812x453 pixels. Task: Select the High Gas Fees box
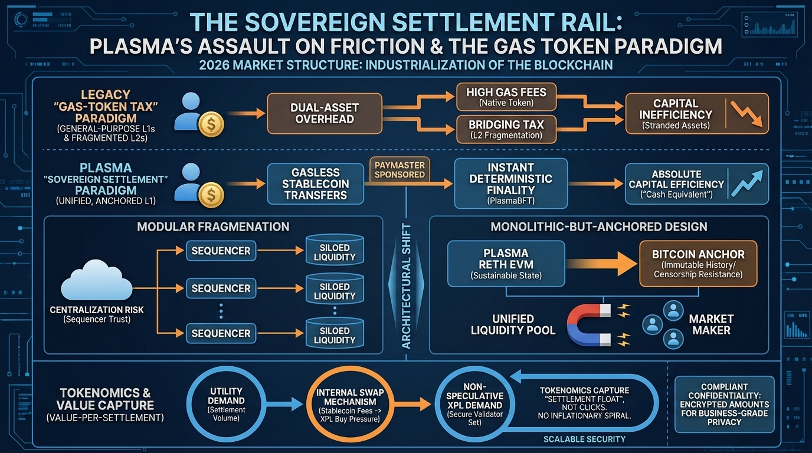tap(506, 97)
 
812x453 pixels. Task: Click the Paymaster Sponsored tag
tap(400, 169)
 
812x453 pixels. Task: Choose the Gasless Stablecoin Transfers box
tap(316, 183)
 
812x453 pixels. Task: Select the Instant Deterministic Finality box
tap(511, 183)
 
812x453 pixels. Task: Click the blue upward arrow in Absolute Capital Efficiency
tap(746, 183)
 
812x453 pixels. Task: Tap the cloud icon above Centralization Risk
tap(96, 283)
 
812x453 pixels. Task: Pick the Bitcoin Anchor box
tap(698, 263)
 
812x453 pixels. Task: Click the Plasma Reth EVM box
tap(506, 263)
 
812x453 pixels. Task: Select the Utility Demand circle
tap(227, 404)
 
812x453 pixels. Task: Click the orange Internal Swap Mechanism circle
tap(351, 404)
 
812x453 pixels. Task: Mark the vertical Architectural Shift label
tap(406, 286)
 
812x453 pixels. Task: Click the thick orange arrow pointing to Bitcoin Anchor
tap(603, 264)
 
